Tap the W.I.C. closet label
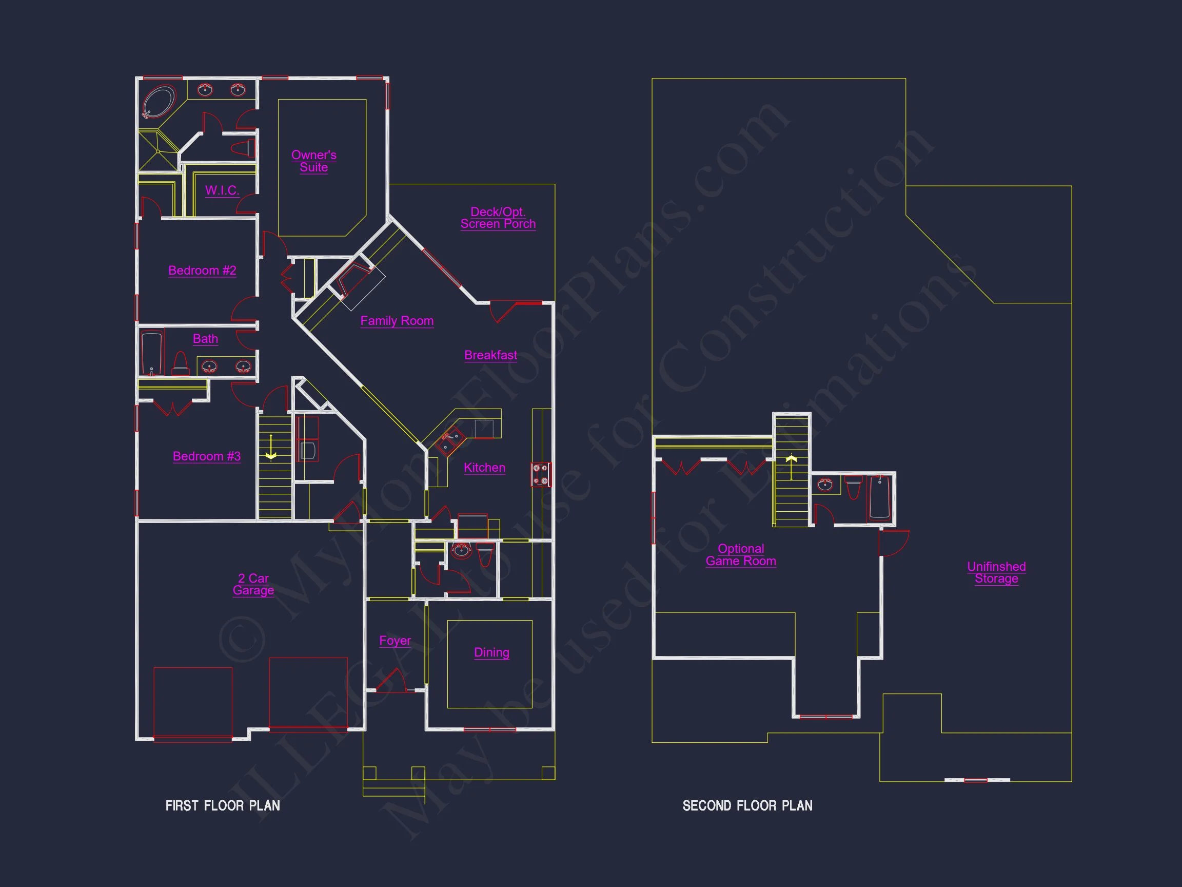coord(222,190)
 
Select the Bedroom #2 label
coord(202,271)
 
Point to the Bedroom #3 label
coord(206,456)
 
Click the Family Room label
coord(397,321)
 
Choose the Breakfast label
coord(490,355)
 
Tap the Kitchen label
coord(484,467)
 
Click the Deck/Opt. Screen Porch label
coord(498,218)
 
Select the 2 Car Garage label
coord(253,584)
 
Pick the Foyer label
coord(395,641)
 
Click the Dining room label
coord(491,652)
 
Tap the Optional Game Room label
coord(741,555)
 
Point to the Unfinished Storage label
coord(996,573)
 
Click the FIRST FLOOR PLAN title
coord(223,806)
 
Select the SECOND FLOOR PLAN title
coord(747,806)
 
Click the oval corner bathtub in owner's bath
coord(159,102)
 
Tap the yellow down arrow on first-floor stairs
coord(271,448)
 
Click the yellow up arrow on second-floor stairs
coord(792,465)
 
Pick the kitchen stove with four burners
coord(541,475)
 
